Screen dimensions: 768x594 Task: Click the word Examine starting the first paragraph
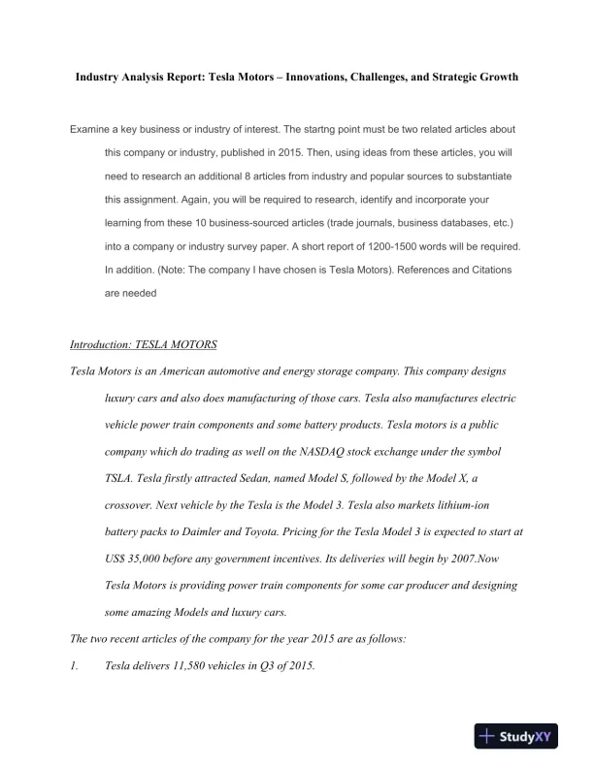coord(91,129)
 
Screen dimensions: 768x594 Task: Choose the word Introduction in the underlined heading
coord(104,345)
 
